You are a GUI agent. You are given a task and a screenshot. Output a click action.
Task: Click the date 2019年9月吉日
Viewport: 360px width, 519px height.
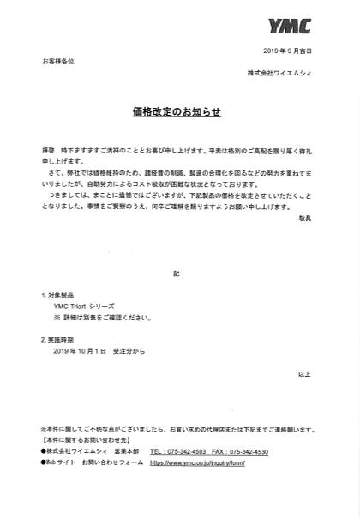[289, 52]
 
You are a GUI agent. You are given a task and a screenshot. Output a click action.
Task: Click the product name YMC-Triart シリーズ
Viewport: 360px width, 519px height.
[83, 305]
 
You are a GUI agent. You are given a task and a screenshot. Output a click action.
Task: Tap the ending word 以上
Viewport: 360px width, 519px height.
[304, 374]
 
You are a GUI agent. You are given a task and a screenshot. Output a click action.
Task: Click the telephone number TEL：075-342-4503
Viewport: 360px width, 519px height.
[177, 451]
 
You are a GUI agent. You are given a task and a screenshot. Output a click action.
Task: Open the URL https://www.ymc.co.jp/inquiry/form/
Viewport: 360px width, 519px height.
[197, 462]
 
